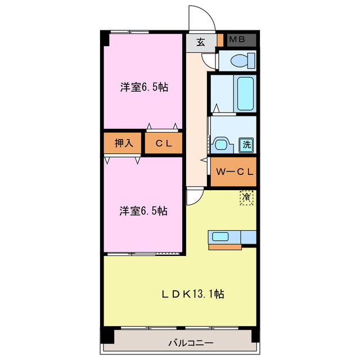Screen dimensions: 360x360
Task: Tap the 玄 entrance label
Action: click(201, 41)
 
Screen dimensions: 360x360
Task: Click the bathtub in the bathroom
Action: click(246, 93)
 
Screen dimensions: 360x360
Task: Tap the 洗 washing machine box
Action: click(246, 145)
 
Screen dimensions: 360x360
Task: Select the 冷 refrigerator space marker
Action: click(246, 197)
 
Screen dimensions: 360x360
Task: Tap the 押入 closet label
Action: click(124, 143)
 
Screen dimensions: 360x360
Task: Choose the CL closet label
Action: click(164, 143)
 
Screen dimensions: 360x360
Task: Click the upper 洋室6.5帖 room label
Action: click(143, 87)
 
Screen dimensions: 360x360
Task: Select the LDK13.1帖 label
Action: click(194, 294)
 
